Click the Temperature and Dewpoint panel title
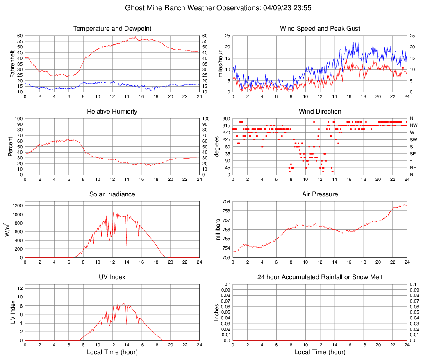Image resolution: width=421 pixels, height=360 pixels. coord(112,29)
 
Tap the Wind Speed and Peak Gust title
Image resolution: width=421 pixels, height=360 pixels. coord(320,29)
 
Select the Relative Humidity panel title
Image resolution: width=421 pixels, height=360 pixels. coord(112,112)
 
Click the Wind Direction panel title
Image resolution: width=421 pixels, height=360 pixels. coord(320,112)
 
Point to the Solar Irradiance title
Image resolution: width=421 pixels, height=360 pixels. coord(112,194)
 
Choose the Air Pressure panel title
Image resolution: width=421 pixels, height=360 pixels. coord(320,194)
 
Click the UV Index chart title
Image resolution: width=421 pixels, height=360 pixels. coord(112,277)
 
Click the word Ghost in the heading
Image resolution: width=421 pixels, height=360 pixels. coord(135,8)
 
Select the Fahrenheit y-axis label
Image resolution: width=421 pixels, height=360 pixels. coord(12,64)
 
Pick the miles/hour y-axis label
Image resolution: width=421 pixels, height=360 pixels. coord(220,64)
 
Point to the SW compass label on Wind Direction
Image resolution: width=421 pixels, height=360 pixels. coord(413,140)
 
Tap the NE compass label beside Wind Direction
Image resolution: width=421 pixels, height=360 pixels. coord(413,168)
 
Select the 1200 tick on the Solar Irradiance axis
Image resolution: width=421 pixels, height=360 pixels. coord(17,204)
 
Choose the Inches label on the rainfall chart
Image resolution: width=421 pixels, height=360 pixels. coord(217,312)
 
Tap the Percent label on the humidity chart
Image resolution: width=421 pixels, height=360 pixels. coord(11,147)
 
